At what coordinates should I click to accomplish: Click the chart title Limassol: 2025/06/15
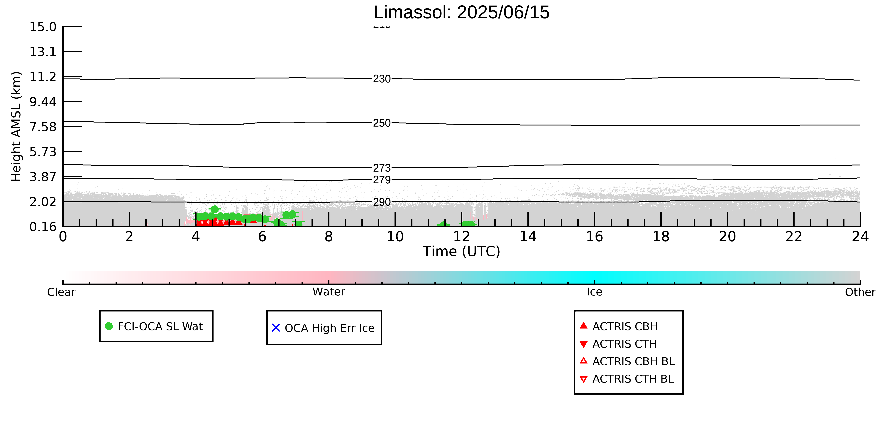(x=461, y=12)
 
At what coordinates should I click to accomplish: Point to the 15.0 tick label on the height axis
(x=43, y=26)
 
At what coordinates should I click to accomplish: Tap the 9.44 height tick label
(x=43, y=102)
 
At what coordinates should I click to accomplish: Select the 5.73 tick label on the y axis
(x=43, y=152)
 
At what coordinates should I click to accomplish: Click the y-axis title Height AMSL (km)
(x=16, y=127)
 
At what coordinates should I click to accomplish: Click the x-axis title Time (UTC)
(x=461, y=251)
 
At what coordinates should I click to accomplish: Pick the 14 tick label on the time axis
(x=528, y=237)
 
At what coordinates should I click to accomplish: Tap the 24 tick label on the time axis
(x=860, y=237)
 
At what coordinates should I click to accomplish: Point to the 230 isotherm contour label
(x=382, y=79)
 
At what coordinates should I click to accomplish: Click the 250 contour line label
(x=382, y=123)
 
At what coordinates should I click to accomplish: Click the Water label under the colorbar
(x=329, y=292)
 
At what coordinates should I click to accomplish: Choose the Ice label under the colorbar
(x=594, y=292)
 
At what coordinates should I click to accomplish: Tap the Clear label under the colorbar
(x=61, y=292)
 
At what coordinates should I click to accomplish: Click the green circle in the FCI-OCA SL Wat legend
(x=109, y=326)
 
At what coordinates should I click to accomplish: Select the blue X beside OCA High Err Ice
(x=276, y=328)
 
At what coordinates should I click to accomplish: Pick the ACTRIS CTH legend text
(x=624, y=344)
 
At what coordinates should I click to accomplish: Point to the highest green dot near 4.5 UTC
(x=214, y=209)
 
